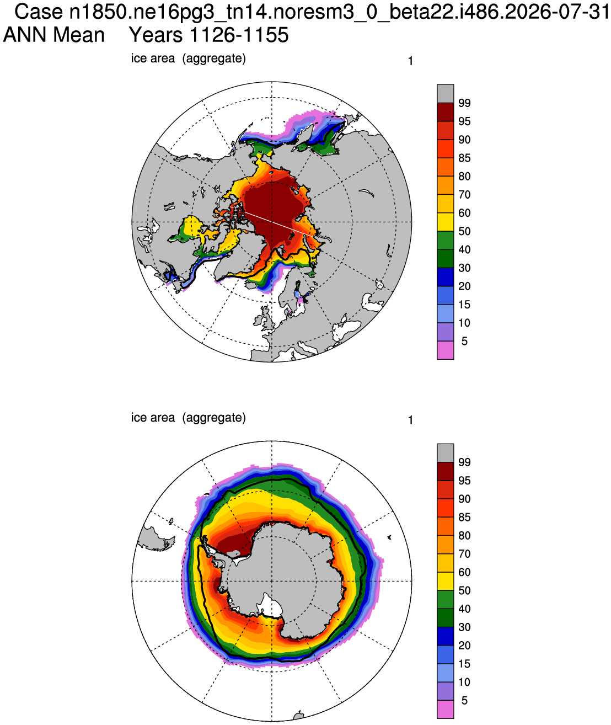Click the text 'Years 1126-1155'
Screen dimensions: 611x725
pyautogui.click(x=208, y=35)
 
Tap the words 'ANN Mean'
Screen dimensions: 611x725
pyautogui.click(x=54, y=35)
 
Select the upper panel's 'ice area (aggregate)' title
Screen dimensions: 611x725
pyautogui.click(x=188, y=58)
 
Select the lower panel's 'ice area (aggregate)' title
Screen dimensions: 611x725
pyautogui.click(x=188, y=417)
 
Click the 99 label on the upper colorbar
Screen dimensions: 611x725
pyautogui.click(x=464, y=103)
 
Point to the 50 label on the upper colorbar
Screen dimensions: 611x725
pyautogui.click(x=464, y=231)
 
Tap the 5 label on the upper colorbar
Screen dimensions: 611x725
pyautogui.click(x=464, y=341)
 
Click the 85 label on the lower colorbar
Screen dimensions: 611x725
pyautogui.click(x=464, y=517)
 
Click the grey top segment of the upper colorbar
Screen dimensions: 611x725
pyautogui.click(x=445, y=93)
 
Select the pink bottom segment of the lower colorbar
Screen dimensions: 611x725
pyautogui.click(x=445, y=710)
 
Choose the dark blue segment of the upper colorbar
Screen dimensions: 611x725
pyautogui.click(x=445, y=277)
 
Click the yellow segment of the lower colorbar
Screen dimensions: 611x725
pyautogui.click(x=445, y=581)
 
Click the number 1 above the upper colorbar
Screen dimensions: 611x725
pyautogui.click(x=410, y=61)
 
